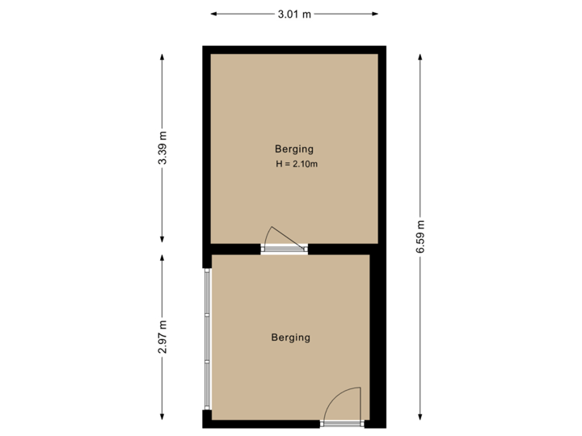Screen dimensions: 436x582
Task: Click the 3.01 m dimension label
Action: click(x=294, y=14)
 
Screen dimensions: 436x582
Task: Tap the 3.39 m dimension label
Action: click(x=162, y=149)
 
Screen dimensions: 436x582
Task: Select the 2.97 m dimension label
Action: click(x=162, y=337)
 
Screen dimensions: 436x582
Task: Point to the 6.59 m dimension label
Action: click(x=420, y=237)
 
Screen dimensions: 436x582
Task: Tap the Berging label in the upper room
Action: click(x=294, y=149)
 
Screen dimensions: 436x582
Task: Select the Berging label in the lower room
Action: click(x=291, y=337)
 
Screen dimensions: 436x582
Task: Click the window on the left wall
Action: click(x=207, y=337)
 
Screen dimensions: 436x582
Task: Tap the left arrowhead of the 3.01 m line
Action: click(x=212, y=14)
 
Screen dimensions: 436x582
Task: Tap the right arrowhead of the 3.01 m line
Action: click(x=377, y=14)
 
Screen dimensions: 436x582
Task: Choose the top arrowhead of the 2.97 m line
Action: click(x=162, y=256)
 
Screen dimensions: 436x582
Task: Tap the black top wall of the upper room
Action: click(x=294, y=49)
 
